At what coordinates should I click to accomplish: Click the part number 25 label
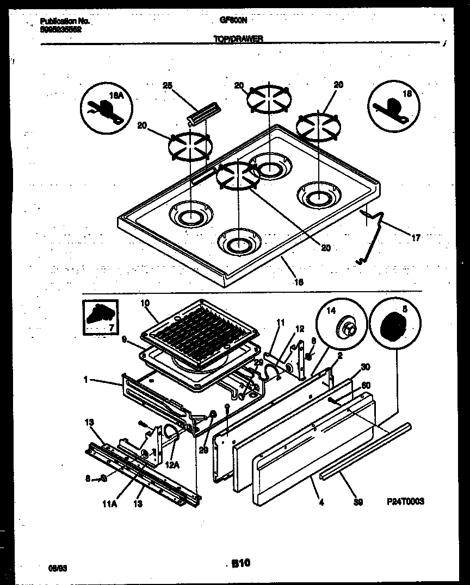[x=167, y=85]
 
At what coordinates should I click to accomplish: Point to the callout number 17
[x=416, y=237]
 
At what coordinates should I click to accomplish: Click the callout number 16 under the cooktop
[x=299, y=282]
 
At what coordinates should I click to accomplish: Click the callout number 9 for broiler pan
[x=124, y=339]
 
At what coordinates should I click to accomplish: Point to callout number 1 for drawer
[x=85, y=380]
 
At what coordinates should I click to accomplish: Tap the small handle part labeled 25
[x=202, y=111]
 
